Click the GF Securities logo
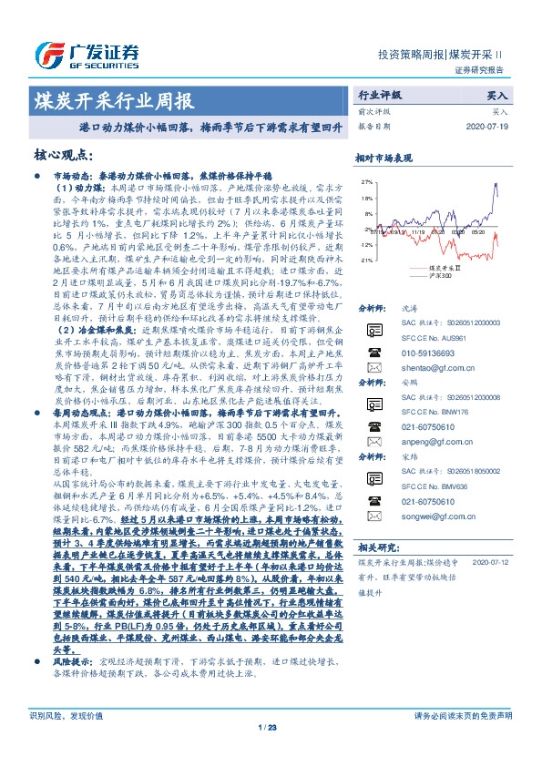pyautogui.click(x=87, y=54)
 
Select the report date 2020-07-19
pyautogui.click(x=489, y=126)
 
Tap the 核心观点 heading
pyautogui.click(x=64, y=155)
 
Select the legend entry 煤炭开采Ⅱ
pyautogui.click(x=446, y=268)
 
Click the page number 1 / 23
pyautogui.click(x=270, y=752)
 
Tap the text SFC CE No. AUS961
pyautogui.click(x=434, y=339)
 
